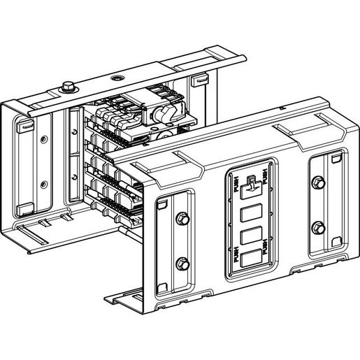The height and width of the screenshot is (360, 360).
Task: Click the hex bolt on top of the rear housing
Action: tap(67, 88)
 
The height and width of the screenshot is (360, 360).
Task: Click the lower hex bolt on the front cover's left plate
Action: tap(182, 264)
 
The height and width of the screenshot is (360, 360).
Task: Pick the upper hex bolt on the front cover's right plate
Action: tap(319, 183)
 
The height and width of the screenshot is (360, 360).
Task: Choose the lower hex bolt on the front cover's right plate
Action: tap(319, 226)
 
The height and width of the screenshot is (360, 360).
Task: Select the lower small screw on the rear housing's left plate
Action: tap(43, 184)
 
